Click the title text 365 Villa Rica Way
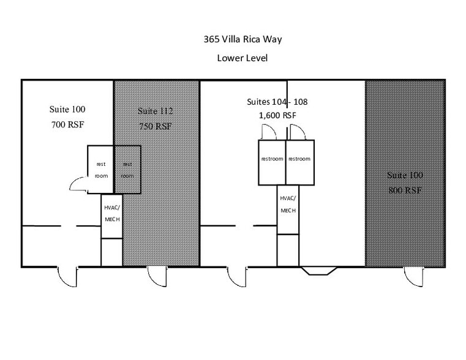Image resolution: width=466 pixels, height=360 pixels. pos(242,40)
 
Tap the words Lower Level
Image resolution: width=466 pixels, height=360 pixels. pos(242,59)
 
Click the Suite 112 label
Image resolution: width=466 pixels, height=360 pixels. pos(155,111)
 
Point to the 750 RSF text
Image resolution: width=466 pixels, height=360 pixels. pos(155,127)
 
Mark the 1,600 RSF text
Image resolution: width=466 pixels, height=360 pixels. pos(277,115)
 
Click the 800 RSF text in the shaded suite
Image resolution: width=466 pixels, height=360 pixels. pos(405,190)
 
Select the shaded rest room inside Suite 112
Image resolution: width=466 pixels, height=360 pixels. pos(127,170)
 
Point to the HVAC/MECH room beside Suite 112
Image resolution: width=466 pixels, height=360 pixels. pos(111,216)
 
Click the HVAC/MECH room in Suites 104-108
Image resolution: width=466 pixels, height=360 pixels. pos(288,209)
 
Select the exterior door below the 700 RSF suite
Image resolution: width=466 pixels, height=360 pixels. pos(67,276)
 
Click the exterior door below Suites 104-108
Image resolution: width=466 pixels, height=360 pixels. pos(237,276)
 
